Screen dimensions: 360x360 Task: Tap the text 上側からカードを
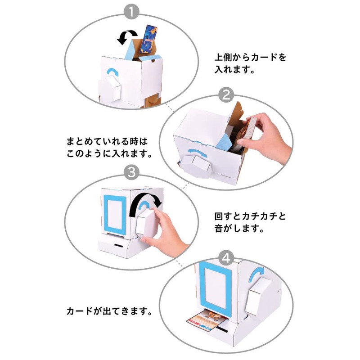[250, 58]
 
